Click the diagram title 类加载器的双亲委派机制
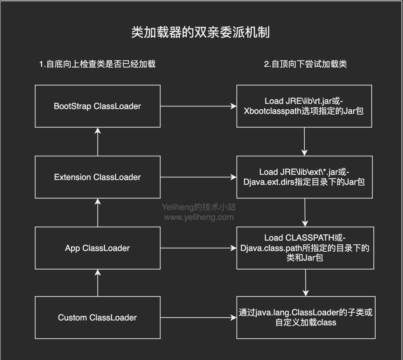200,33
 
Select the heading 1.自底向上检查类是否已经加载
97,64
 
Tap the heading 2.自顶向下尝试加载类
305,64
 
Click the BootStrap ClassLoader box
98,106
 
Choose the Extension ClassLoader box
98,177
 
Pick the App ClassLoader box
98,248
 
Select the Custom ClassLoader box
98,317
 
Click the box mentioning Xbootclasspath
304,106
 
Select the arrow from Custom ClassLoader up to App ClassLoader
98,283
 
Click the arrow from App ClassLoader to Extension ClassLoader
98,213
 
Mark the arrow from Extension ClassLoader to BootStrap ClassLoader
98,142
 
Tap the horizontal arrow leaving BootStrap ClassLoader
198,106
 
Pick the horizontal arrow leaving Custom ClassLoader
198,317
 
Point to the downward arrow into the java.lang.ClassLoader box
305,283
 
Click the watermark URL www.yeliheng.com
199,217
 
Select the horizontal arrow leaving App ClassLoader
198,248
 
